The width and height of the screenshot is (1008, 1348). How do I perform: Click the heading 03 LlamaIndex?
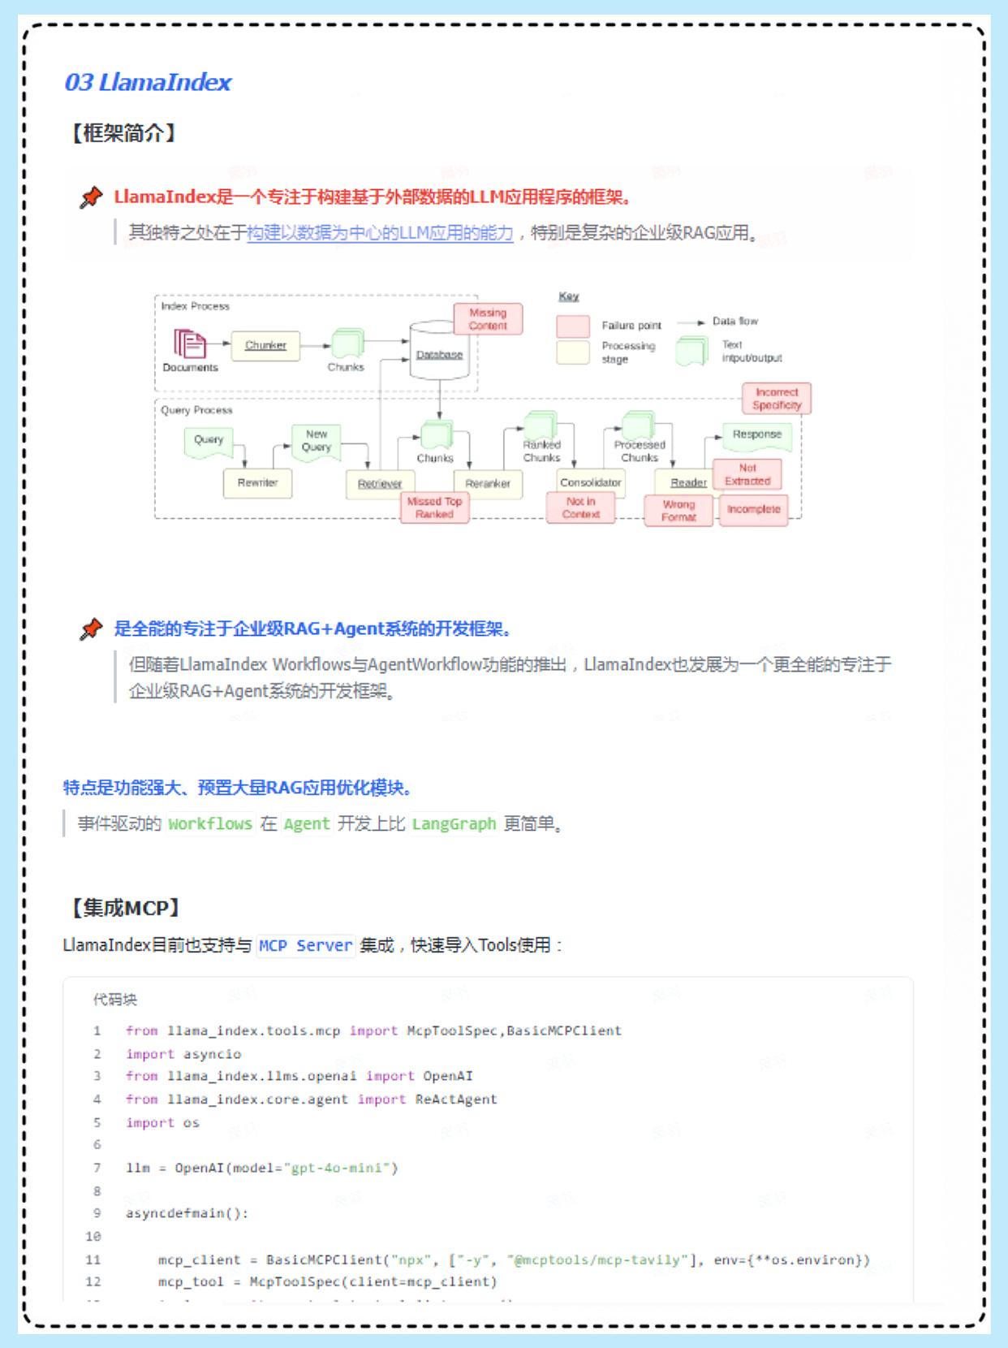[x=148, y=82]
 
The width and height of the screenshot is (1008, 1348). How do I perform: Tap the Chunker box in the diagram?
[x=265, y=345]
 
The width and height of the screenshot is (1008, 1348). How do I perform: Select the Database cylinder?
[x=439, y=352]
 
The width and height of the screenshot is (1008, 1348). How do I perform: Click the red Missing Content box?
[x=488, y=319]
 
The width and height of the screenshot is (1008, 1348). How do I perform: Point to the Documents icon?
[x=189, y=343]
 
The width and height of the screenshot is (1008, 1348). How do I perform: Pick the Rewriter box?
[x=257, y=483]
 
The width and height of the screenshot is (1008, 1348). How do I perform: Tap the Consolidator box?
[x=590, y=482]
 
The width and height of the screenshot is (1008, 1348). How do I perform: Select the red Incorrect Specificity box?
[x=777, y=399]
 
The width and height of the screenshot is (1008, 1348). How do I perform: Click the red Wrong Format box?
[x=678, y=511]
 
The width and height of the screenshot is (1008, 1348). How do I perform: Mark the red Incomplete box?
[x=753, y=510]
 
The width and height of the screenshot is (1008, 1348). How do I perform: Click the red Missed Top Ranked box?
[x=434, y=508]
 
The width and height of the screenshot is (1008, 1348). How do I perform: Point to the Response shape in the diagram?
[x=756, y=435]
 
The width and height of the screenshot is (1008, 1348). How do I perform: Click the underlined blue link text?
[x=380, y=233]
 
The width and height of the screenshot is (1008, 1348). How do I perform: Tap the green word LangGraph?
[x=454, y=824]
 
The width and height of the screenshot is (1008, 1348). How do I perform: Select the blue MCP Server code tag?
[x=306, y=946]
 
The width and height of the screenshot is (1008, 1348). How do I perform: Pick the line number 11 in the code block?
[x=93, y=1259]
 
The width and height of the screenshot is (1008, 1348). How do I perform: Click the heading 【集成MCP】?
[x=124, y=908]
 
